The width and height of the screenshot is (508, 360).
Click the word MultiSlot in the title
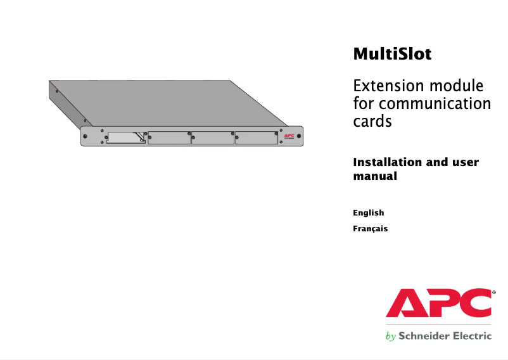(392, 55)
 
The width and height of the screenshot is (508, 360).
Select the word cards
(372, 120)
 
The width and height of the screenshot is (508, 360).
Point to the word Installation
(387, 162)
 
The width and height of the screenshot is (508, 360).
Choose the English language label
(369, 213)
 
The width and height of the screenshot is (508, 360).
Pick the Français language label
(371, 228)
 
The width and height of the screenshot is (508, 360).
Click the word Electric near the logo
(473, 336)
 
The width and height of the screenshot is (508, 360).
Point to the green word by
(391, 337)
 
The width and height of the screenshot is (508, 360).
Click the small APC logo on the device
(289, 136)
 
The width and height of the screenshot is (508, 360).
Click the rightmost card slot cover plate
(256, 137)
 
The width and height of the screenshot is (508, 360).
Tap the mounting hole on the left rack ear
(86, 136)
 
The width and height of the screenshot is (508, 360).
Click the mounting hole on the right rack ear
(298, 136)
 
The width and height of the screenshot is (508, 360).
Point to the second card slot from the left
(169, 137)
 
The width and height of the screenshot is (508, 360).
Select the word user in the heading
(466, 162)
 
